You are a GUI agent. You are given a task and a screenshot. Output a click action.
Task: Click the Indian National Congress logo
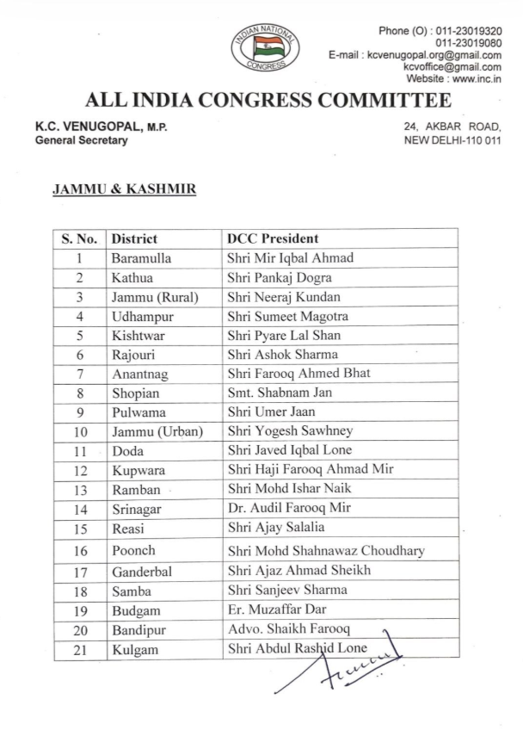point(265,48)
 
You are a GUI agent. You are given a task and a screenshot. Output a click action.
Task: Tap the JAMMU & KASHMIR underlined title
point(125,188)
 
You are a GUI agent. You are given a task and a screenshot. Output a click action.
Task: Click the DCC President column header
point(273,238)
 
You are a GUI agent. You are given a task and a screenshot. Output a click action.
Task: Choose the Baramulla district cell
point(142,257)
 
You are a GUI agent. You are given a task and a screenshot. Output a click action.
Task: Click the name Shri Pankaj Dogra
point(280,277)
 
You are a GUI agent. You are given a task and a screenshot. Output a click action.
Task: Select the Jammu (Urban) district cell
point(157,431)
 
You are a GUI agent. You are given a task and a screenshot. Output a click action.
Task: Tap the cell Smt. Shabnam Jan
point(279,393)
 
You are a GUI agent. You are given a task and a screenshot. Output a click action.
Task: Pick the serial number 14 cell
point(79,509)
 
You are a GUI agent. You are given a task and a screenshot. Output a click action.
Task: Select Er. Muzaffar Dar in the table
point(278,610)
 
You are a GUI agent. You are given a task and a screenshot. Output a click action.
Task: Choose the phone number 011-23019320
point(469,31)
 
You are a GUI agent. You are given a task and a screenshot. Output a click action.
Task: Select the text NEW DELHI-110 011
point(452,140)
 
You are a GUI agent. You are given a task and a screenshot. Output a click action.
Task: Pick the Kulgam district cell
point(135,650)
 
